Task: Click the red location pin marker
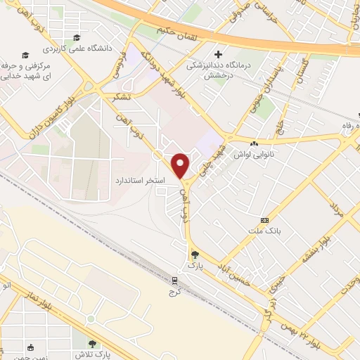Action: pyautogui.click(x=181, y=165)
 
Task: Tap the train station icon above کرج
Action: pyautogui.click(x=173, y=281)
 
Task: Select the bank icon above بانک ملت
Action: pyautogui.click(x=264, y=219)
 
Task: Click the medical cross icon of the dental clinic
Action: pyautogui.click(x=219, y=54)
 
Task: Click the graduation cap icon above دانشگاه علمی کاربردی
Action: pyautogui.click(x=77, y=38)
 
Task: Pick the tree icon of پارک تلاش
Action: pyautogui.click(x=92, y=343)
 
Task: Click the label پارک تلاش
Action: pyautogui.click(x=92, y=354)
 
